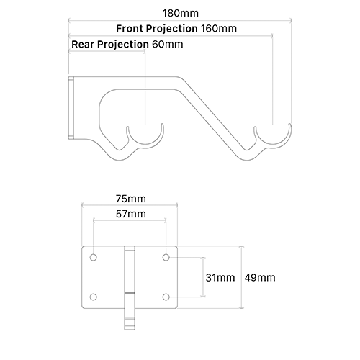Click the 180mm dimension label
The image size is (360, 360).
click(180, 12)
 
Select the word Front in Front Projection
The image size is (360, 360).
click(132, 29)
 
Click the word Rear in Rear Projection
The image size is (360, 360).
click(84, 45)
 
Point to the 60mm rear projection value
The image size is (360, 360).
click(168, 45)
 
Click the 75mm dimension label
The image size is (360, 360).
click(130, 199)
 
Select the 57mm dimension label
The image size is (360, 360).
click(130, 215)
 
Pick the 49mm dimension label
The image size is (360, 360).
click(259, 277)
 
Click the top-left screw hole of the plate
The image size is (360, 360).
click(94, 256)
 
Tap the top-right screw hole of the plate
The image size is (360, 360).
click(166, 256)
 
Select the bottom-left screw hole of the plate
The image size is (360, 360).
click(94, 297)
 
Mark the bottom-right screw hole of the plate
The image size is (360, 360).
click(166, 297)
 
